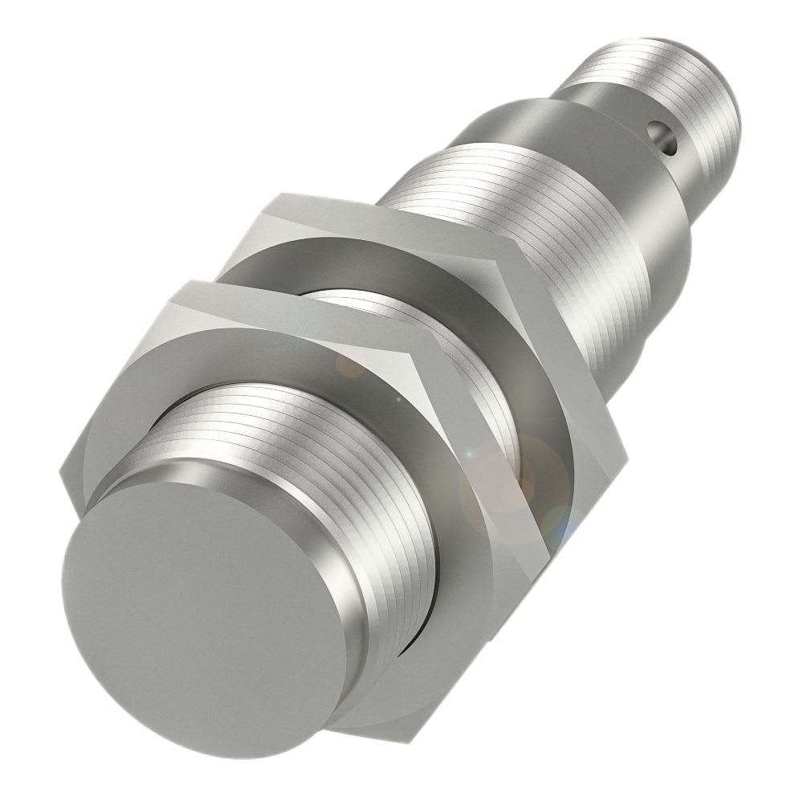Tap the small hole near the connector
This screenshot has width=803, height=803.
pos(662,130)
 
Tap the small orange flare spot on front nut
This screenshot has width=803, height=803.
pos(350,365)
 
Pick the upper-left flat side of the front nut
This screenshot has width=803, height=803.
pos(120,377)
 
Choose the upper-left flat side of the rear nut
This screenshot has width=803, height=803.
pos(241,241)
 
